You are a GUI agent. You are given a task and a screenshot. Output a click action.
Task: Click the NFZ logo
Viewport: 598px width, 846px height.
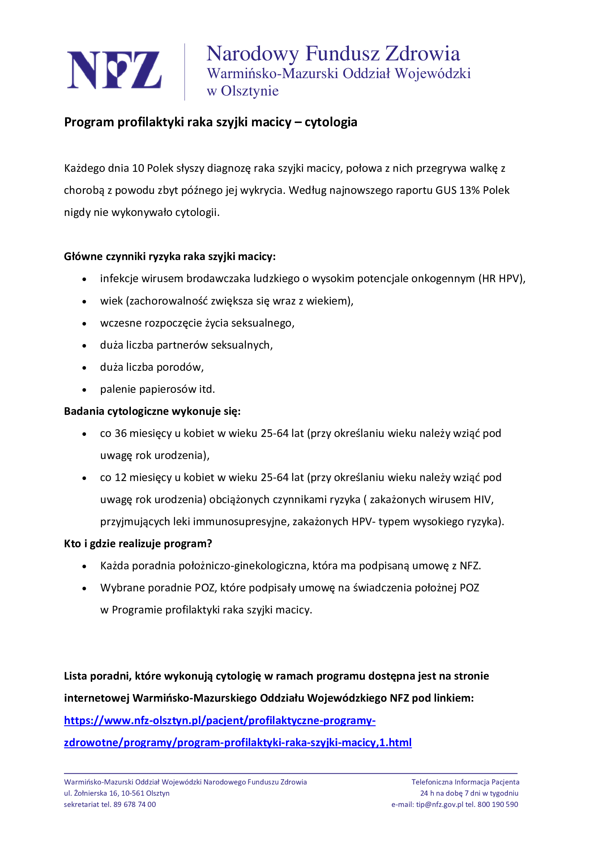tap(114, 70)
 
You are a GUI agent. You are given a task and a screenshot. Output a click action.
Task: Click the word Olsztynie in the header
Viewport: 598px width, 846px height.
tap(250, 91)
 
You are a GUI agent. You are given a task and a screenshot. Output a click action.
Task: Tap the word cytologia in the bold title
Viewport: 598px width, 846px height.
tap(331, 122)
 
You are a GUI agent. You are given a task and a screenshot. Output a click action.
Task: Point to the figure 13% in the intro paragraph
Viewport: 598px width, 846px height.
tap(470, 190)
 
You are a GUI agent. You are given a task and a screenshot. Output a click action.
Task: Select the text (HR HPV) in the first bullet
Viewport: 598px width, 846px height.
tap(501, 279)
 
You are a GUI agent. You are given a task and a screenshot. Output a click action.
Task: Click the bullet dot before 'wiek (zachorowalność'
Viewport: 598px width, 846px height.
tap(85, 302)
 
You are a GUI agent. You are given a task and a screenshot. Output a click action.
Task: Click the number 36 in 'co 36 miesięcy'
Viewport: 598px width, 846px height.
tap(120, 433)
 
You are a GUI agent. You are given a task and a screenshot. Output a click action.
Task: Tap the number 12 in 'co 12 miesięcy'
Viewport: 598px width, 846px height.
tap(120, 477)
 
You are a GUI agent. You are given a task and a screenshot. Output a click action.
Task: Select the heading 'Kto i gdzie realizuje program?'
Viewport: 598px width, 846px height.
tap(138, 544)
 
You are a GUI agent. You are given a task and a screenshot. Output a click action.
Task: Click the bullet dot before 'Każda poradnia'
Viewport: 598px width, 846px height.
tap(85, 567)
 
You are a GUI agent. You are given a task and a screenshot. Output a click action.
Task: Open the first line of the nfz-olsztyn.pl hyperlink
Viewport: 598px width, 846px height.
tap(220, 720)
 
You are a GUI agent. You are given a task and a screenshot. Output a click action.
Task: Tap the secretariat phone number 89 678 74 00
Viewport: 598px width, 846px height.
tap(134, 804)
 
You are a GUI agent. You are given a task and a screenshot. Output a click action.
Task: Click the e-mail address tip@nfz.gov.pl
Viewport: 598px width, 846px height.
tap(439, 804)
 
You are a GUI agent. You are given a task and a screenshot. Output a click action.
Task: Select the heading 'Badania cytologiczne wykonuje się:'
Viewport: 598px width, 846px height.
tap(152, 411)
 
